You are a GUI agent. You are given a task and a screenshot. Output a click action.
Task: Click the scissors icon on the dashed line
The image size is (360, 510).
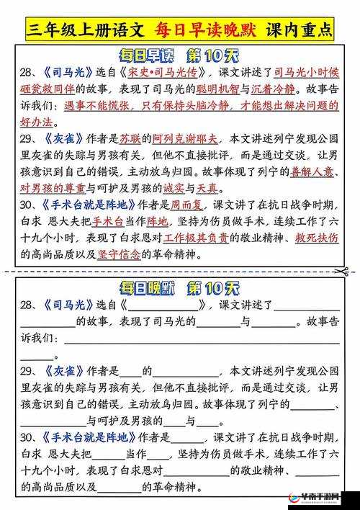point(343,271)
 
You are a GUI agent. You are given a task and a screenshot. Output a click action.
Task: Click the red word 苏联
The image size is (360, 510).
point(129,138)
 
